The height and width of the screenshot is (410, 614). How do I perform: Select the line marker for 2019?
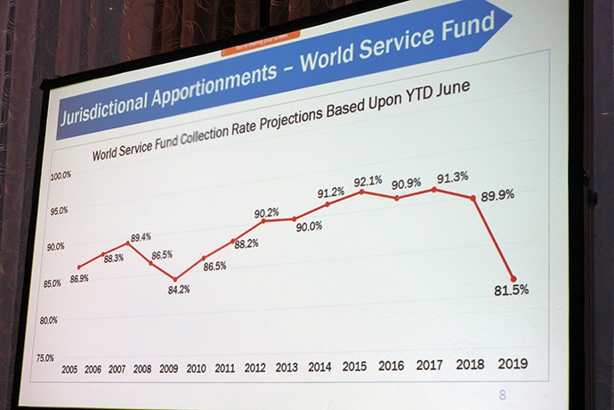512,279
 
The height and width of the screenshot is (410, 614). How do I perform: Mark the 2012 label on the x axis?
254,367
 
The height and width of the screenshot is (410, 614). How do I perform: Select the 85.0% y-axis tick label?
53,283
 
